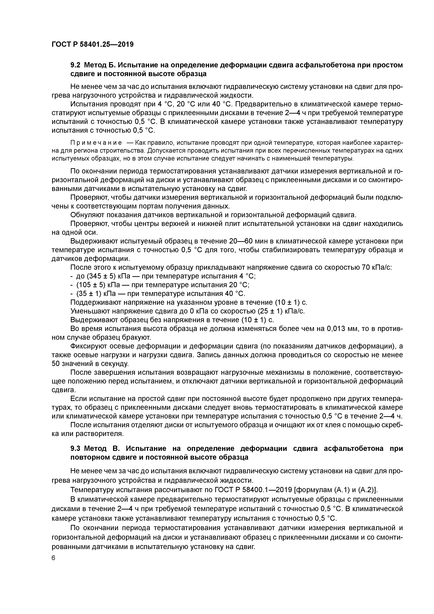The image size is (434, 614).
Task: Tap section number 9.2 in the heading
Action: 76,65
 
